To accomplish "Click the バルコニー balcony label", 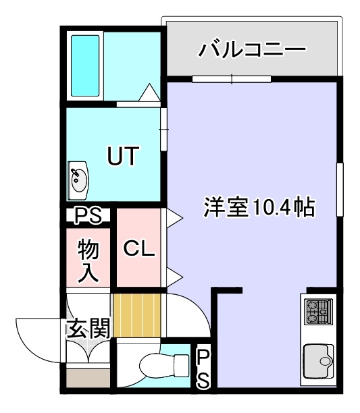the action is [252, 49].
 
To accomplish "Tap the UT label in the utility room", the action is [123, 156].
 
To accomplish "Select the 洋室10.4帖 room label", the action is [259, 207].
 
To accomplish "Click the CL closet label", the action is [139, 248].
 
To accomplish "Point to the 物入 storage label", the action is [88, 260].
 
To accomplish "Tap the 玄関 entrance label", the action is [88, 328].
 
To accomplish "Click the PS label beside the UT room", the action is [88, 215].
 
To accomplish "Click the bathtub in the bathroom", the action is [85, 66].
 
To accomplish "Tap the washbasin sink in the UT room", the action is [78, 180].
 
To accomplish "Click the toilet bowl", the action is [164, 365].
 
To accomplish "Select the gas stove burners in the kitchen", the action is [318, 312].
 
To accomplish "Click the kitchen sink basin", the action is [318, 361].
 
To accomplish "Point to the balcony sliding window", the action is [232, 79].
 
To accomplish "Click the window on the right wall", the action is [340, 190].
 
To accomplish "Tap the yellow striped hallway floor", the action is [137, 315].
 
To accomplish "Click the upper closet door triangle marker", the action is [175, 218].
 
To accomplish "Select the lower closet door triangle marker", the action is [175, 277].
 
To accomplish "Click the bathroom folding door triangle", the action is [149, 92].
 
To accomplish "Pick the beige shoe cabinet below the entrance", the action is [88, 378].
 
